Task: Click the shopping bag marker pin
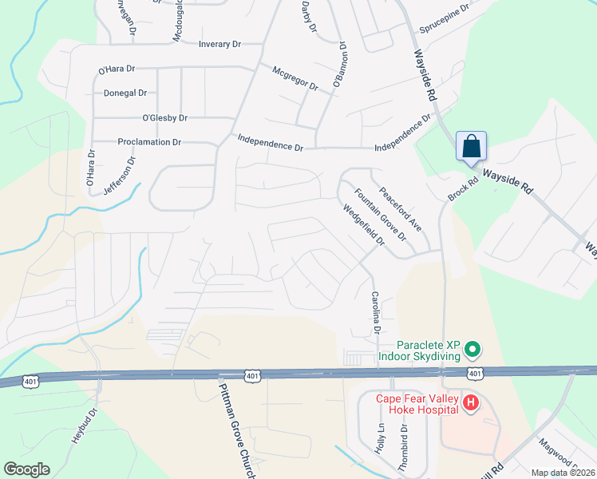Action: coord(472,147)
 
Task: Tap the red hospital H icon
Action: coord(471,404)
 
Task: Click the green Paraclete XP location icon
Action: coord(472,350)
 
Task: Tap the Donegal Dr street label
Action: coord(125,93)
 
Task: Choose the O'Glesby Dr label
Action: coord(164,118)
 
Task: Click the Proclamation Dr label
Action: coord(149,142)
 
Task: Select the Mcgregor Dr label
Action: coord(295,77)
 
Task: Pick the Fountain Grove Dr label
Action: coord(381,216)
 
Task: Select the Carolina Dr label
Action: coord(374,312)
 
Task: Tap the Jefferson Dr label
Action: coord(120,176)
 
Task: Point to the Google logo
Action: coord(26,469)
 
